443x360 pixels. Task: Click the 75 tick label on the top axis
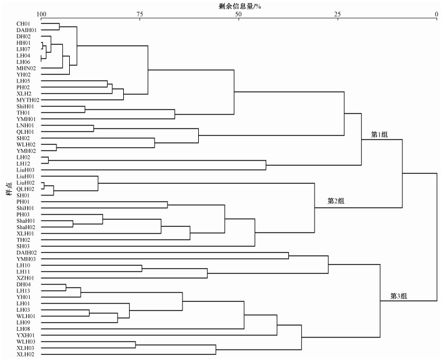tap(140, 14)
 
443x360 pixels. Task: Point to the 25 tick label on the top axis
tap(337, 14)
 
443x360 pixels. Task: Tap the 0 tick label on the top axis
tap(436, 14)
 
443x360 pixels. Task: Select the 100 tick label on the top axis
tap(41, 14)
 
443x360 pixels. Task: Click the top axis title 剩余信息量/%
tap(240, 6)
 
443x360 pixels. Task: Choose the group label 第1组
tap(379, 135)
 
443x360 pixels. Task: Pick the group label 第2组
tap(336, 201)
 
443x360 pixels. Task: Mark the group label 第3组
tap(399, 296)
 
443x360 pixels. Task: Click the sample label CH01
tap(23, 24)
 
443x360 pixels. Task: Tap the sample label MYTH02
tap(28, 100)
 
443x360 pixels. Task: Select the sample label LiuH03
tap(26, 170)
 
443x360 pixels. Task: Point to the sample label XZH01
tap(25, 278)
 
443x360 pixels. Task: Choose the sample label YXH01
tap(26, 335)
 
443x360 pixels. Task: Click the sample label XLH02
tap(25, 354)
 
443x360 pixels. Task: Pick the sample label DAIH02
tap(27, 252)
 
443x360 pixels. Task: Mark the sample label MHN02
tap(26, 68)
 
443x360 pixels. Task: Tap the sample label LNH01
tap(25, 125)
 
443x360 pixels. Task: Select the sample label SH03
tap(23, 246)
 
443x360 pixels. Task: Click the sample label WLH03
tap(26, 341)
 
